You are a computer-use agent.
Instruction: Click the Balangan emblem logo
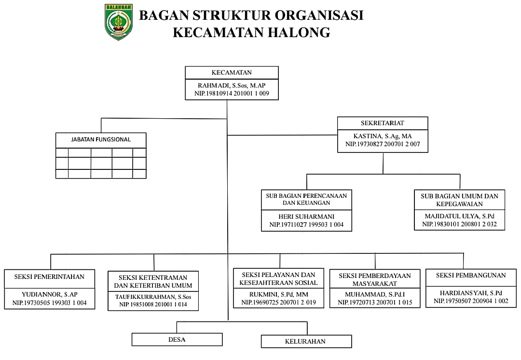click(x=118, y=22)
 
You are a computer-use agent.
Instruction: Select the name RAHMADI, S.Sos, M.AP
click(x=232, y=85)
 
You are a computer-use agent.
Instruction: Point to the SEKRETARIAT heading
click(x=382, y=124)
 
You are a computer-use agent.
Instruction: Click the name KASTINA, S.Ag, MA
click(x=383, y=136)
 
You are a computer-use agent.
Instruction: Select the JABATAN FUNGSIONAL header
click(x=101, y=140)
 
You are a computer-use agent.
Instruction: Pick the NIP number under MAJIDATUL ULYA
click(x=460, y=225)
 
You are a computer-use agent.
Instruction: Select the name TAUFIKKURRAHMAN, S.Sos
click(x=153, y=296)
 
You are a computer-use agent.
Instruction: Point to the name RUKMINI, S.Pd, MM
click(x=275, y=294)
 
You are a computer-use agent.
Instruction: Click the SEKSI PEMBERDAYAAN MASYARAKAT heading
click(x=374, y=279)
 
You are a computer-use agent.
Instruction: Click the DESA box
click(x=177, y=339)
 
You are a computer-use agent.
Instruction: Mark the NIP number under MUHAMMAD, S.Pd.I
click(x=374, y=302)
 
